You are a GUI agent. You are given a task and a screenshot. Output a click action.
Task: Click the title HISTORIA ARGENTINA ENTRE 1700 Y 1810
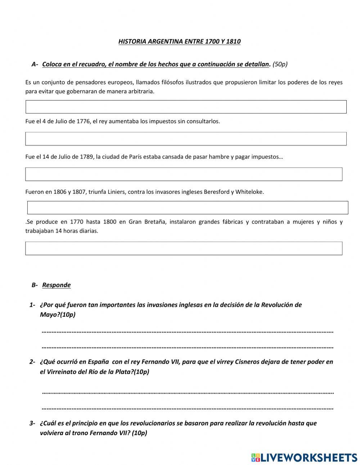[x=179, y=41]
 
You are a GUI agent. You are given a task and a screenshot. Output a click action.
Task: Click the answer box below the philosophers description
[x=186, y=107]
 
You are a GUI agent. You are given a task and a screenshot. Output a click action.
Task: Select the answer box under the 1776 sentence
[x=186, y=139]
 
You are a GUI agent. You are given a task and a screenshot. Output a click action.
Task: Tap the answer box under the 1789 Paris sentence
[x=184, y=174]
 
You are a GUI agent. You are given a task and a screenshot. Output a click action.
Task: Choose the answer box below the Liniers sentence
[x=188, y=208]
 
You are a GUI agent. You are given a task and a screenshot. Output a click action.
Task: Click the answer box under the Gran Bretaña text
[x=184, y=249]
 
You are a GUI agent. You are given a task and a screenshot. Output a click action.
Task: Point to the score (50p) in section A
[x=280, y=64]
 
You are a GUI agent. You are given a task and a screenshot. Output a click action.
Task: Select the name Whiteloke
[x=249, y=192]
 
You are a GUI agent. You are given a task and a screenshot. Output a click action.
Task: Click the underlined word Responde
[x=56, y=285]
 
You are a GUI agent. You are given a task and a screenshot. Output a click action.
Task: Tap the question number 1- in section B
[x=32, y=305]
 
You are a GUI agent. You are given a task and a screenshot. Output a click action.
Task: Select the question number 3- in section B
[x=32, y=423]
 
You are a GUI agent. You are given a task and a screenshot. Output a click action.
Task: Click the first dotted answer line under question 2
[x=188, y=392]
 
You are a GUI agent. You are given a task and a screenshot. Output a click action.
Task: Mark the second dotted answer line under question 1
[x=188, y=347]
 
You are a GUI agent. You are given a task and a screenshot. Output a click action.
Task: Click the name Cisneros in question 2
[x=247, y=362]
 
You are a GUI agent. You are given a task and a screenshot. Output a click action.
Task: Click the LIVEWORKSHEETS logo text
[x=309, y=457]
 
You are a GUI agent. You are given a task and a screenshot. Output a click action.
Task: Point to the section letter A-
[x=35, y=64]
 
